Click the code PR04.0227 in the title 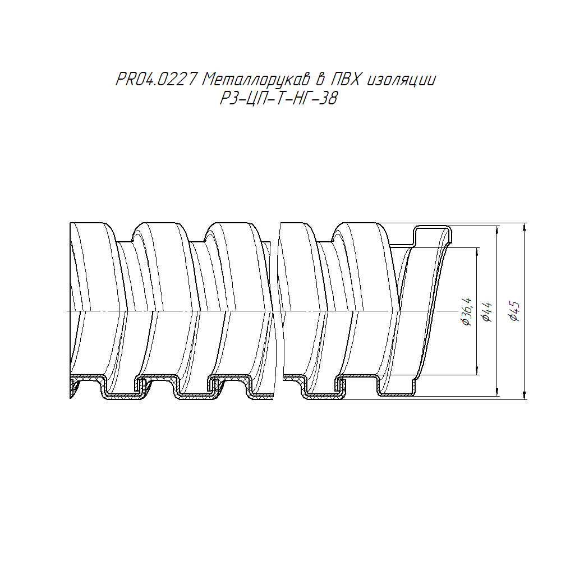pos(157,79)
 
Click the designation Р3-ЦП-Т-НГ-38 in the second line pos(279,98)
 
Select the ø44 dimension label pos(488,312)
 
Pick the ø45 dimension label pos(514,311)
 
